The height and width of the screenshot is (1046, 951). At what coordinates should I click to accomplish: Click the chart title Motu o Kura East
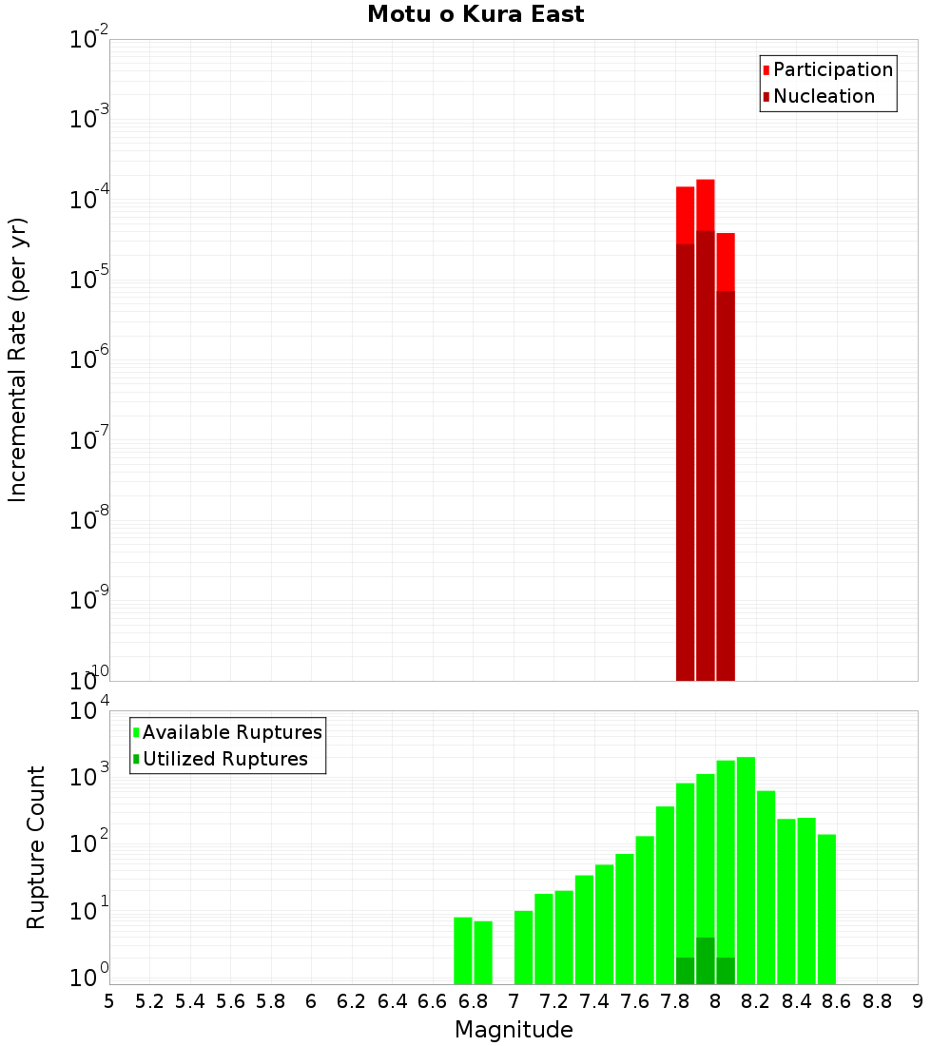tap(475, 14)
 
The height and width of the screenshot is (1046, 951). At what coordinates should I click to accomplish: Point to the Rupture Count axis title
tap(36, 847)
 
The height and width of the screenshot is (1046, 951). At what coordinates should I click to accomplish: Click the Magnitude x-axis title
tap(514, 1030)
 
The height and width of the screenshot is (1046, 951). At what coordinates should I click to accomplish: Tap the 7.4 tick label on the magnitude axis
tap(594, 1001)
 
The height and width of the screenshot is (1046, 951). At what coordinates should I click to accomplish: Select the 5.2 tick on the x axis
tap(149, 1001)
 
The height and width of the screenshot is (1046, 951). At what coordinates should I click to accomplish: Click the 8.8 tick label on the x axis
tap(877, 1001)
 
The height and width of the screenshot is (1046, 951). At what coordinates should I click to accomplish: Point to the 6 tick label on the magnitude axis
tap(311, 1001)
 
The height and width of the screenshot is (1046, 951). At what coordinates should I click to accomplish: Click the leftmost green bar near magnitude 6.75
tap(463, 951)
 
